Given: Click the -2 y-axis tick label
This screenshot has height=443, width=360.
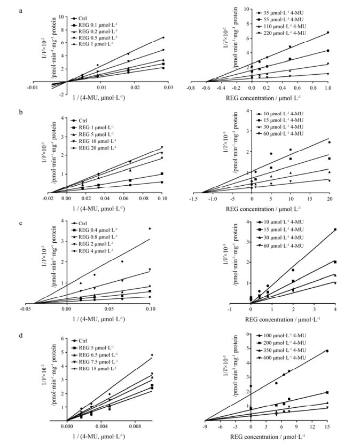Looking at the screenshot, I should (x=57, y=95).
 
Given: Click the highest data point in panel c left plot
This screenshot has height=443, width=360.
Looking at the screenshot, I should (x=150, y=228).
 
